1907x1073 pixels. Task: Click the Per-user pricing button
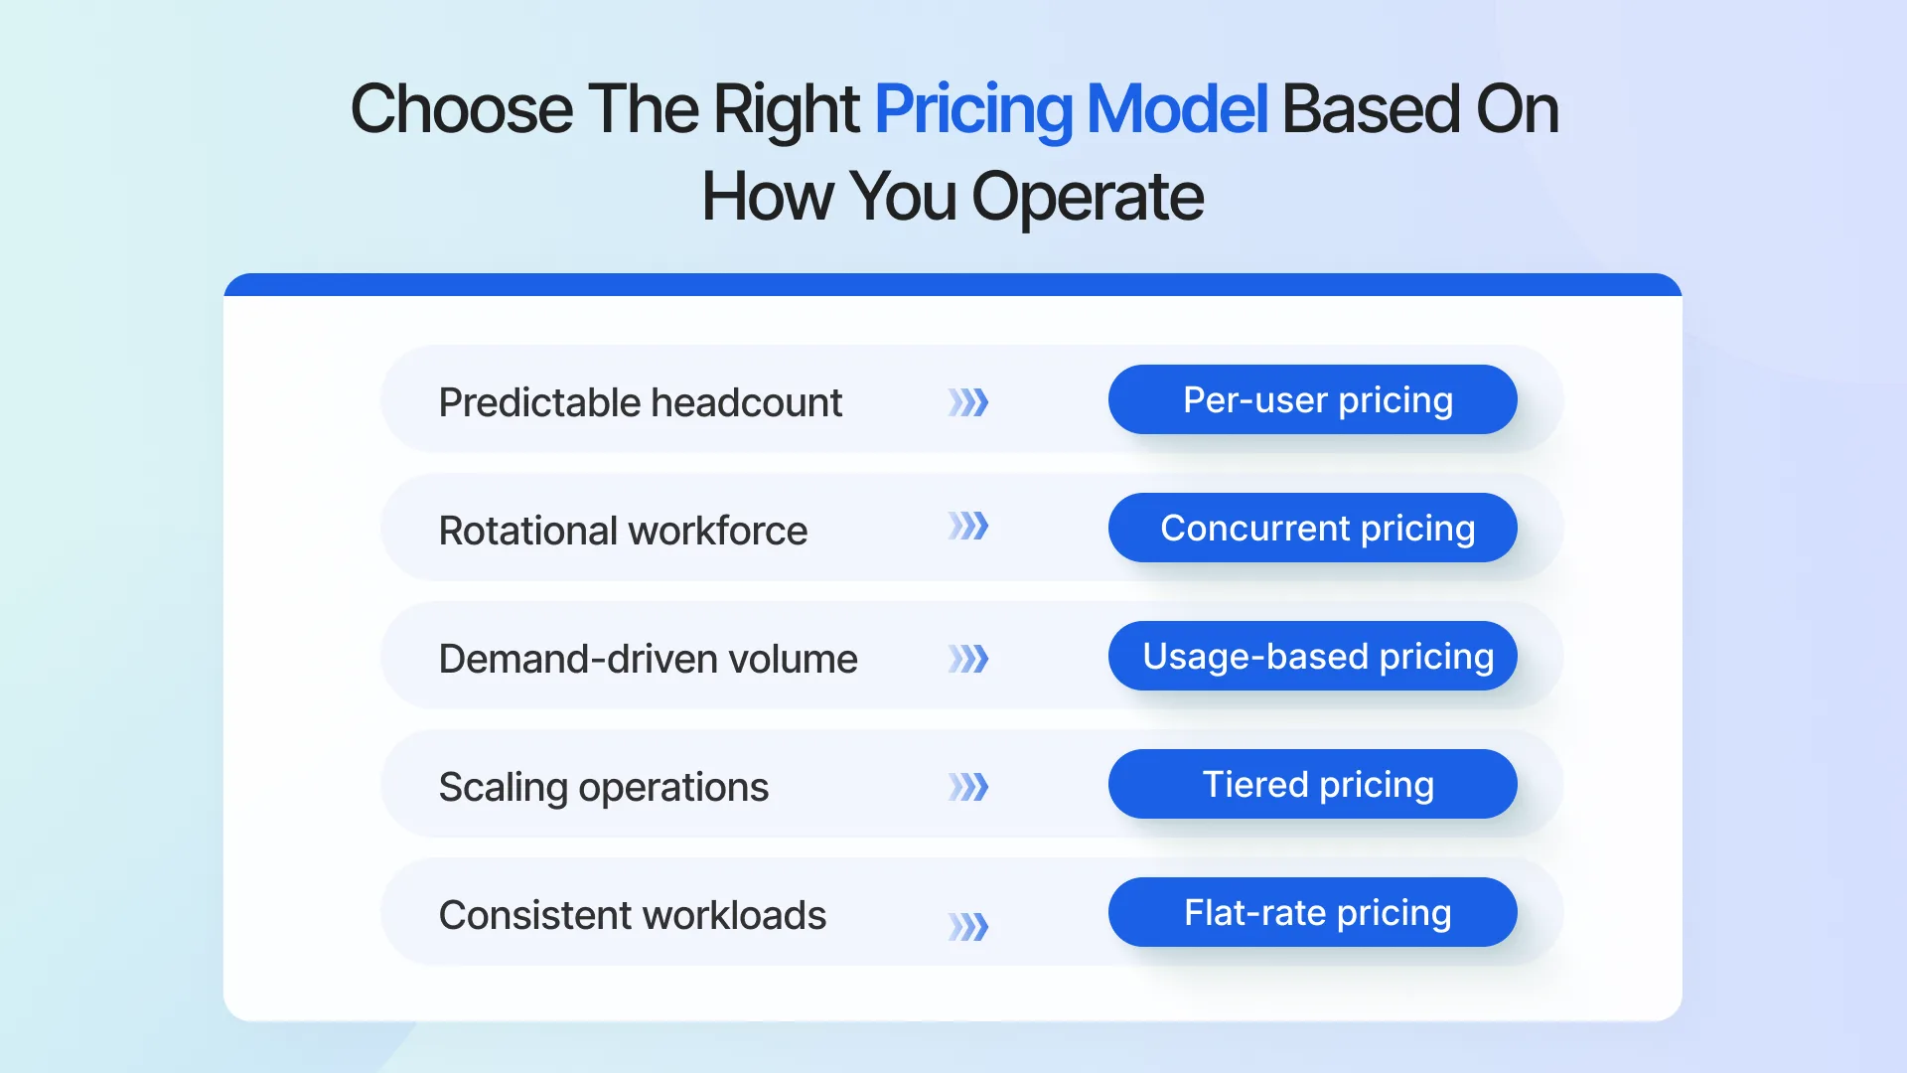[x=1312, y=399]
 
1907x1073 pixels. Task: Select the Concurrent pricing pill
[x=1312, y=528]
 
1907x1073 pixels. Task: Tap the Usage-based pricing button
[x=1312, y=656]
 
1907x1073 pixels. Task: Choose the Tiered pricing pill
[x=1312, y=784]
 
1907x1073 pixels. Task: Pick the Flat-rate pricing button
[x=1312, y=912]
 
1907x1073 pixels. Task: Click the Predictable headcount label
[x=641, y=402]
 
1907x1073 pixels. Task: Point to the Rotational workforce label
[x=623, y=531]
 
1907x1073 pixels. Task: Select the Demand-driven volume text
[x=648, y=659]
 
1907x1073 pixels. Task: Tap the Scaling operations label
[x=603, y=787]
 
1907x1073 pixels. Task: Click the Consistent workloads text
[x=632, y=915]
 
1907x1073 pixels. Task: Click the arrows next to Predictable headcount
[x=968, y=402]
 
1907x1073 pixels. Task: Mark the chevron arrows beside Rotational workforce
[x=968, y=526]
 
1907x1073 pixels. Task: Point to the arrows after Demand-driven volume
[x=968, y=659]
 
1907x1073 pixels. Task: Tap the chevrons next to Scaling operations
[x=968, y=787]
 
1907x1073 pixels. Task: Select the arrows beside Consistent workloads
[x=968, y=927]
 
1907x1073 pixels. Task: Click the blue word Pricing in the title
[x=972, y=109]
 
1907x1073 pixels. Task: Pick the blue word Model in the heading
[x=1177, y=109]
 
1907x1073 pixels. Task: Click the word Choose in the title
[x=461, y=109]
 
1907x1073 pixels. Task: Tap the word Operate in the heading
[x=1087, y=197]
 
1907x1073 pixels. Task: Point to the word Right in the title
[x=786, y=109]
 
